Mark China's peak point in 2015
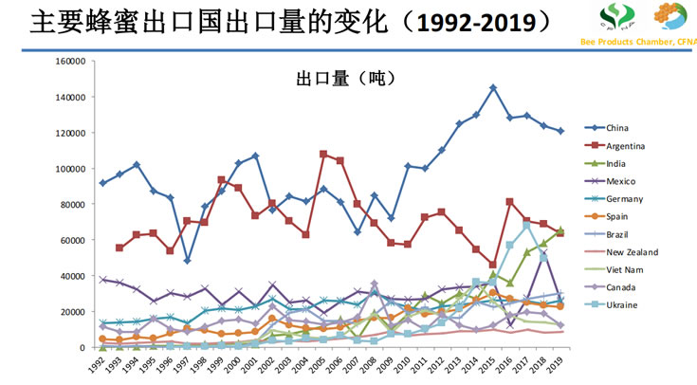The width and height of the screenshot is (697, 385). tap(493, 88)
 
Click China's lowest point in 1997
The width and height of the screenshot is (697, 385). tap(189, 261)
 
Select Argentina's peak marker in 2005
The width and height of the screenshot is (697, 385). tap(323, 154)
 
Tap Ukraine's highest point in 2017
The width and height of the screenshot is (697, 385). tap(527, 226)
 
